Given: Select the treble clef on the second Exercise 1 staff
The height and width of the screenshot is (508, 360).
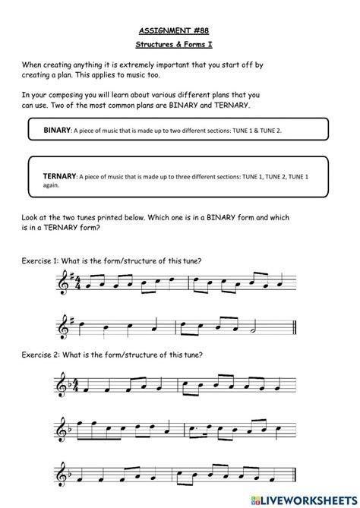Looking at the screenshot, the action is pyautogui.click(x=65, y=327).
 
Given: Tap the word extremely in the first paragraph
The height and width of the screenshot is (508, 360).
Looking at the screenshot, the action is pyautogui.click(x=161, y=65).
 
